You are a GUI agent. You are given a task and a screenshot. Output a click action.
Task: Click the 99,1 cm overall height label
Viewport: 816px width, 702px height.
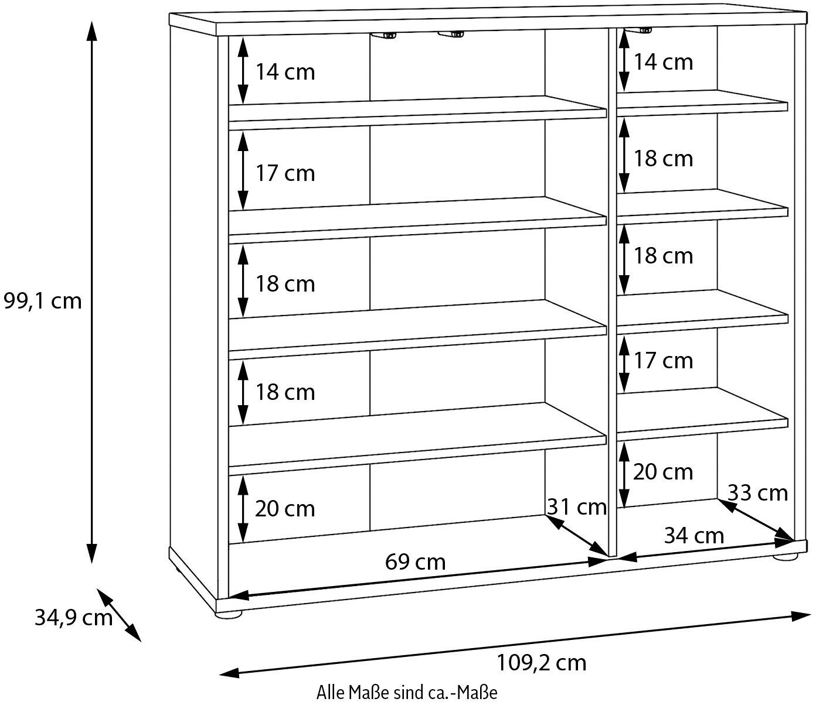tap(42, 301)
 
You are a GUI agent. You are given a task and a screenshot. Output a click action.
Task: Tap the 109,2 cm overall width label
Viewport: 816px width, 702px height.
tap(541, 662)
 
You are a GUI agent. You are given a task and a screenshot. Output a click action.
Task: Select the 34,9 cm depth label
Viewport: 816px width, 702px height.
tap(73, 617)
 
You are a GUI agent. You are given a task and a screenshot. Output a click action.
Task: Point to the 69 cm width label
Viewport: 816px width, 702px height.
tap(415, 562)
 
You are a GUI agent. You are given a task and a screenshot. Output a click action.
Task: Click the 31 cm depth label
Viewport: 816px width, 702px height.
tap(577, 506)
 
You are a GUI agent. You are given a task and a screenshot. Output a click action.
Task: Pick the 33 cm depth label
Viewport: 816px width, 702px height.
tap(757, 493)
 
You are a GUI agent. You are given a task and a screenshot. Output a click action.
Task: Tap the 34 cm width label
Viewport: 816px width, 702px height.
tap(694, 535)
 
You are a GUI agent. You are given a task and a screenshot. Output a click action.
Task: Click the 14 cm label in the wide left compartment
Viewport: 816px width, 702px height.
tap(285, 72)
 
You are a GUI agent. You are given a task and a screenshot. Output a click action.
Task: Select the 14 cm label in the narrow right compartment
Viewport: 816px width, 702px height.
tap(663, 61)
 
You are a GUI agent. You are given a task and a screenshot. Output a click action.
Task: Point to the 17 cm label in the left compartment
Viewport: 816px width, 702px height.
tap(285, 173)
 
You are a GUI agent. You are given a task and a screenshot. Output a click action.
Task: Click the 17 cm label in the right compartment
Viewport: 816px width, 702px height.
tap(663, 360)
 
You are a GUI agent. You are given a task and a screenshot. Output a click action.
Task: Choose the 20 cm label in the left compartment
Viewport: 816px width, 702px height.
tap(285, 508)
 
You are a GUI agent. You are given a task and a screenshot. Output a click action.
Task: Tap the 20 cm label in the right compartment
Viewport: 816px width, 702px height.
tap(663, 471)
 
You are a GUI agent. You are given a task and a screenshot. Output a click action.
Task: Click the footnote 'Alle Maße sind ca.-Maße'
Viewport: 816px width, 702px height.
tap(407, 693)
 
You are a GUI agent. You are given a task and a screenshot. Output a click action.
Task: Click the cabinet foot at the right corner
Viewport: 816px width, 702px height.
tap(786, 557)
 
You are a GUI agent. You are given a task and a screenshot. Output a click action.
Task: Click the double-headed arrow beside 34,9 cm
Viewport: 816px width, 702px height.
tap(119, 615)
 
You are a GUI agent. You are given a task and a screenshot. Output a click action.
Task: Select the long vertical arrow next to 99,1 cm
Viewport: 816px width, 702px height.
tap(91, 293)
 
